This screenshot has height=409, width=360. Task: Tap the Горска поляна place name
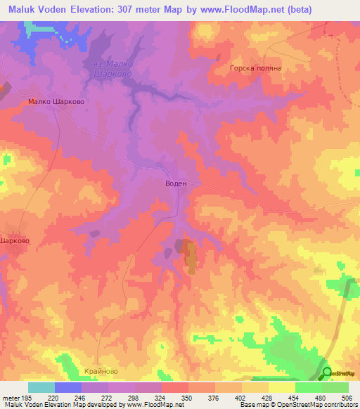pyautogui.click(x=255, y=69)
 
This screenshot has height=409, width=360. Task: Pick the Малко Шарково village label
pyautogui.click(x=56, y=101)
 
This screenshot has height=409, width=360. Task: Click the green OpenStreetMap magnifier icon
pyautogui.click(x=327, y=373)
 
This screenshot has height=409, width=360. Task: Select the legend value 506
pyautogui.click(x=348, y=397)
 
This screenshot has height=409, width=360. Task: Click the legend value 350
pyautogui.click(x=188, y=397)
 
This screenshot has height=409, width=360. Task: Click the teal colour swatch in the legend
pyautogui.click(x=41, y=387)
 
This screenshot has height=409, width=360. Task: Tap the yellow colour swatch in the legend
pyautogui.click(x=281, y=387)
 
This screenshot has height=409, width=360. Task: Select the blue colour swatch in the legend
pyautogui.click(x=68, y=387)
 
